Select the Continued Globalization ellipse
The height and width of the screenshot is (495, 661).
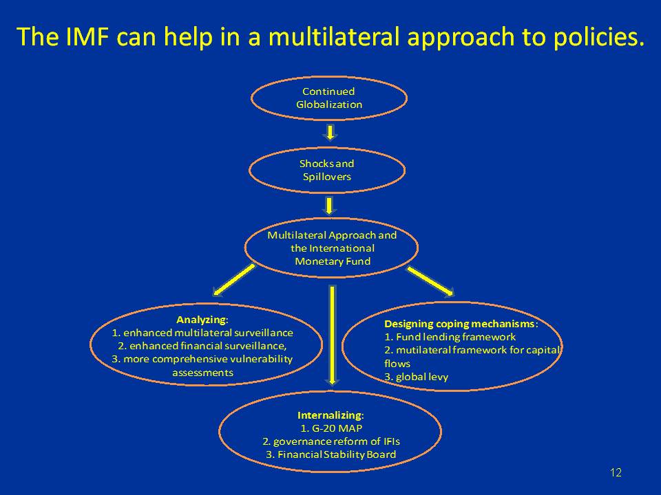329,98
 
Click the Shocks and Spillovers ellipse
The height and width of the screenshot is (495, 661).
327,170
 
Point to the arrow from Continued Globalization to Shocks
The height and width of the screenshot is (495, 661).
330,132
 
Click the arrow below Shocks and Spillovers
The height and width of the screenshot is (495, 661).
330,206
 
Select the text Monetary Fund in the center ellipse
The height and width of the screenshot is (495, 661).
333,261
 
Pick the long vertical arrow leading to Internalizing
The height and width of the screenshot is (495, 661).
333,333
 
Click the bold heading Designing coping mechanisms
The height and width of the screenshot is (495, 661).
460,324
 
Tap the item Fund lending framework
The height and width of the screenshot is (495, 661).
450,337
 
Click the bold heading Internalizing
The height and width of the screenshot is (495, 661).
330,415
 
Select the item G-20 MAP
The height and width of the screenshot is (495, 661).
331,428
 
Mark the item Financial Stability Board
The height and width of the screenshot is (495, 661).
330,454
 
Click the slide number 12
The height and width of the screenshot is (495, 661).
616,472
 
